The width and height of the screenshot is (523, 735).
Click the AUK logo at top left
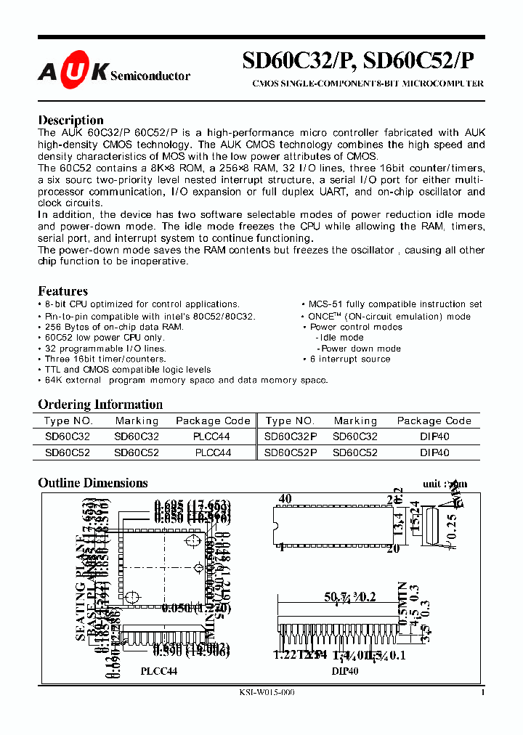click(x=73, y=72)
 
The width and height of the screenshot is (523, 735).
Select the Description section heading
click(x=70, y=120)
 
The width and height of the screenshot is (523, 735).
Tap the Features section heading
click(x=62, y=291)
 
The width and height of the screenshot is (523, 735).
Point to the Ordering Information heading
click(x=100, y=405)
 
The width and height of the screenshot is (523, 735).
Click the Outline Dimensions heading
click(x=92, y=483)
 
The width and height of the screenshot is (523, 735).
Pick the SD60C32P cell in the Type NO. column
click(x=290, y=436)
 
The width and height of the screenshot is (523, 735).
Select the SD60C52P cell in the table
click(x=290, y=452)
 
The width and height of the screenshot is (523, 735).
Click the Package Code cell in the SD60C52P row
click(x=434, y=452)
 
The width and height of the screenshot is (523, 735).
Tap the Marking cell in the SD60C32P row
click(x=355, y=436)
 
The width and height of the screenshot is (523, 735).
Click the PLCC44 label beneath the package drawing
click(x=158, y=672)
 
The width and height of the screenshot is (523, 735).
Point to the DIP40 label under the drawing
click(x=345, y=672)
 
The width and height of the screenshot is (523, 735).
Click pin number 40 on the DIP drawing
click(x=284, y=499)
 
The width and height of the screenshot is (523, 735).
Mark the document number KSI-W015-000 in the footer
click(x=267, y=693)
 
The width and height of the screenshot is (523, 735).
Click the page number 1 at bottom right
click(x=482, y=693)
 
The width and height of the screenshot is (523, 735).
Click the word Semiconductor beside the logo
click(x=150, y=76)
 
